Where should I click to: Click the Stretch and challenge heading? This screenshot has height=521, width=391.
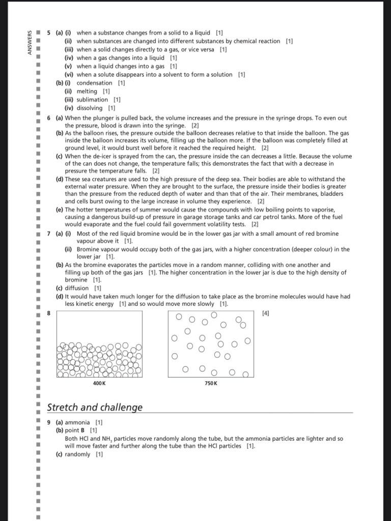pyautogui.click(x=95, y=408)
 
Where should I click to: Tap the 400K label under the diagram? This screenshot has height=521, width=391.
pyautogui.click(x=99, y=383)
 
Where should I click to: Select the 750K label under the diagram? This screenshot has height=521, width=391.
pyautogui.click(x=211, y=383)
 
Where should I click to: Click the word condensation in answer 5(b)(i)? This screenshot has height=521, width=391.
pyautogui.click(x=94, y=83)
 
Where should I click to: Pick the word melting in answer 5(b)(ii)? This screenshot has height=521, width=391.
pyautogui.click(x=87, y=91)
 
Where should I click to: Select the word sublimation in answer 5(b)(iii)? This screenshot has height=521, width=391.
pyautogui.click(x=92, y=100)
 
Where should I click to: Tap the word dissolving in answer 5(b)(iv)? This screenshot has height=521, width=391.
pyautogui.click(x=90, y=108)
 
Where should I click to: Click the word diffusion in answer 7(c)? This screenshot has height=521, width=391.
pyautogui.click(x=77, y=288)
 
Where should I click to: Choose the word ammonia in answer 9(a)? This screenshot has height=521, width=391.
pyautogui.click(x=77, y=422)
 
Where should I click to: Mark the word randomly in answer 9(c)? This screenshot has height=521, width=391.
pyautogui.click(x=77, y=454)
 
